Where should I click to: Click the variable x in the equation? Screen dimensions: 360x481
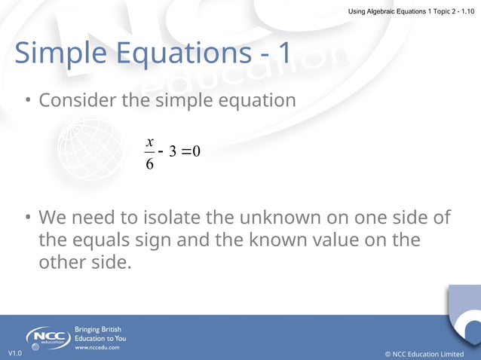pyautogui.click(x=150, y=142)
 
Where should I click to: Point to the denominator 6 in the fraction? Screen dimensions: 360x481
pyautogui.click(x=149, y=163)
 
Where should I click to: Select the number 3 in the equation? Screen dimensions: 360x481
pyautogui.click(x=173, y=152)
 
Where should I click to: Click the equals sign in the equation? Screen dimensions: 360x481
pyautogui.click(x=186, y=152)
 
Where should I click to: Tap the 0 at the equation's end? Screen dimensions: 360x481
pyautogui.click(x=196, y=152)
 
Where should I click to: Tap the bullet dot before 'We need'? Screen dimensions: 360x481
pyautogui.click(x=26, y=218)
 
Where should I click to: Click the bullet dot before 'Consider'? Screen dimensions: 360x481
pyautogui.click(x=26, y=100)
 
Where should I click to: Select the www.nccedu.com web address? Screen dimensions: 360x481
pyautogui.click(x=97, y=348)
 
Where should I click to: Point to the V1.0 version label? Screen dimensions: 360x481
pyautogui.click(x=15, y=353)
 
